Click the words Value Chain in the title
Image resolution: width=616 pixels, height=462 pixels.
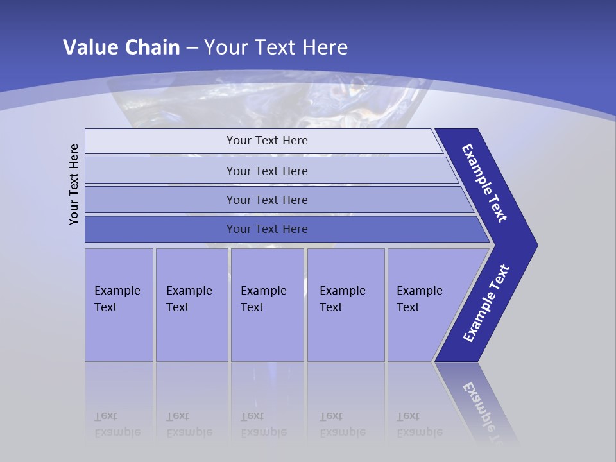[121, 47]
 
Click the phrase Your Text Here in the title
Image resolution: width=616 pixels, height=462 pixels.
[276, 47]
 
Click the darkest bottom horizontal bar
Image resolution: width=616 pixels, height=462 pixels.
[160, 229]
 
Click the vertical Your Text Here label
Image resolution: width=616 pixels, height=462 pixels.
[74, 184]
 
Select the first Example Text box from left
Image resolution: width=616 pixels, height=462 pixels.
[119, 305]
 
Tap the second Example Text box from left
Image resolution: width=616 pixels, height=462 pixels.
[192, 305]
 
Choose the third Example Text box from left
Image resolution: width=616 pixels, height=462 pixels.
[267, 305]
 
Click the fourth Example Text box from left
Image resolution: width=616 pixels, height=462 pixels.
[346, 305]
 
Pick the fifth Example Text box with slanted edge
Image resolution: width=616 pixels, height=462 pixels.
[424, 305]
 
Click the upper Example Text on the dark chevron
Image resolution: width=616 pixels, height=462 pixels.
[484, 183]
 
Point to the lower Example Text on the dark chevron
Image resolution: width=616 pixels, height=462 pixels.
[486, 304]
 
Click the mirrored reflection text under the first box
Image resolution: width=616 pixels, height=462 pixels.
[117, 424]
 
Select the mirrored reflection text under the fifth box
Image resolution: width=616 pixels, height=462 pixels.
[419, 424]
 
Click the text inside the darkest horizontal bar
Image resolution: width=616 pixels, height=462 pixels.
[267, 229]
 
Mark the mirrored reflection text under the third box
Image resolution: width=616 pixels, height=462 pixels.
[263, 424]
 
